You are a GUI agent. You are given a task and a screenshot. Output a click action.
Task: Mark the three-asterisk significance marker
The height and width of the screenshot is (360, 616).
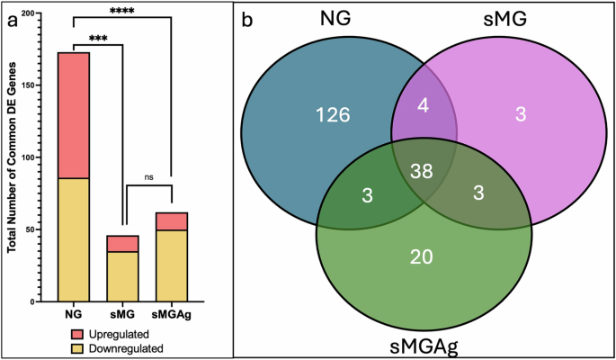(98, 39)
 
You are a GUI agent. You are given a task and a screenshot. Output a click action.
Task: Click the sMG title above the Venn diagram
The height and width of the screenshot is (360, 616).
(518, 20)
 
